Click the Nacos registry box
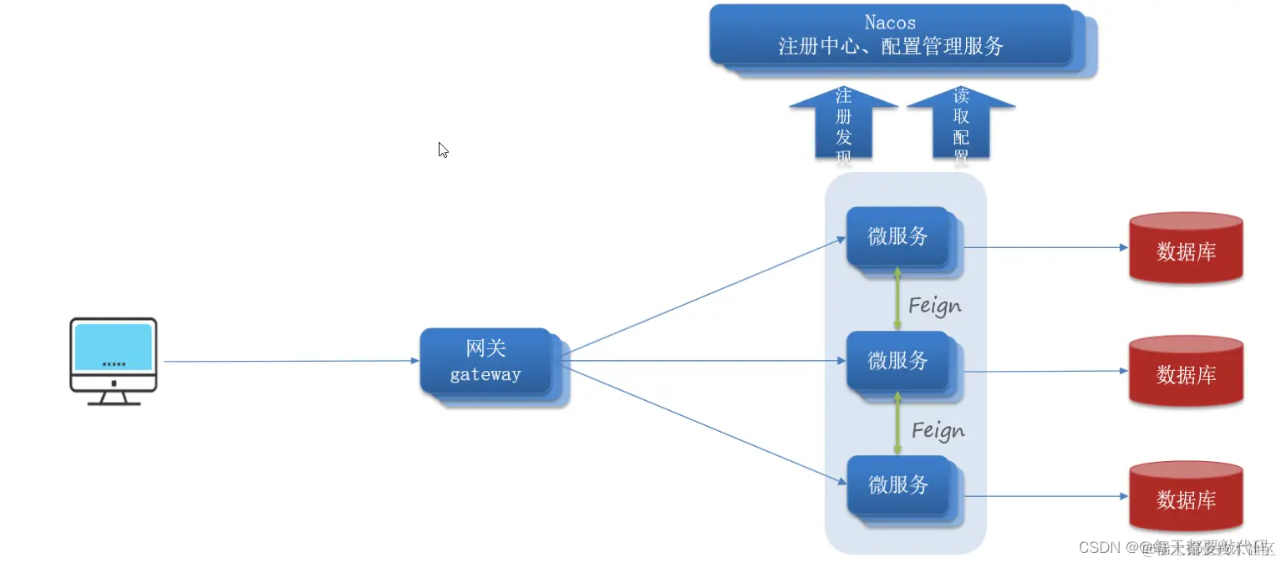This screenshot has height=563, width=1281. click(891, 35)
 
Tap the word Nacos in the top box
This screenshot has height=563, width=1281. click(891, 23)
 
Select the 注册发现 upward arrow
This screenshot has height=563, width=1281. click(843, 123)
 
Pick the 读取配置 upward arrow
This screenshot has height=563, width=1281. click(961, 123)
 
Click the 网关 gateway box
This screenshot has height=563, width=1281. click(485, 362)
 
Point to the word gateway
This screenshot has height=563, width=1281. click(485, 374)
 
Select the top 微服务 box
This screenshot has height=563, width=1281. click(898, 236)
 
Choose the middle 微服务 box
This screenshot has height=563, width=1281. click(898, 361)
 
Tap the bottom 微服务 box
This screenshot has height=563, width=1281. click(898, 484)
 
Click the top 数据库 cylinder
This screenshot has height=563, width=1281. click(1186, 248)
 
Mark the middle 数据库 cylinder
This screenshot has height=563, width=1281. click(1186, 373)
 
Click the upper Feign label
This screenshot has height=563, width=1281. click(935, 306)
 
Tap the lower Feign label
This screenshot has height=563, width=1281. click(938, 430)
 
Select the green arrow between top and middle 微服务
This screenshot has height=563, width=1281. click(897, 299)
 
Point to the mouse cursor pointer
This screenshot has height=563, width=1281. click(443, 150)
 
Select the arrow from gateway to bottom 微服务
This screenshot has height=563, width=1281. click(702, 423)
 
